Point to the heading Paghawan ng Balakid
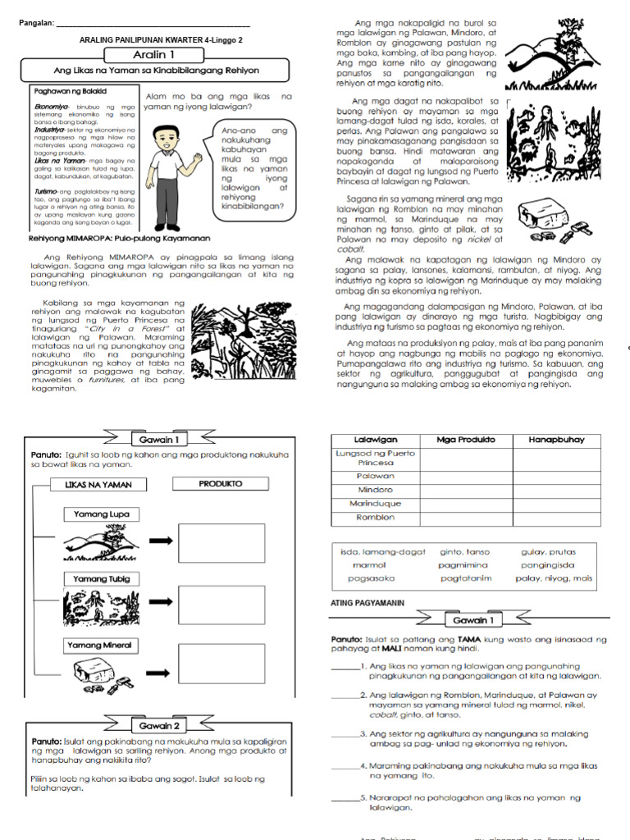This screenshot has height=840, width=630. (x=65, y=93)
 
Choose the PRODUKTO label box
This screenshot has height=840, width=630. (x=220, y=485)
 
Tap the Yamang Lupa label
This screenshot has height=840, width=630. (x=101, y=514)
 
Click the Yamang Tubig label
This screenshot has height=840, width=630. (x=101, y=580)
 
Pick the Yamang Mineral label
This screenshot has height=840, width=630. (x=103, y=646)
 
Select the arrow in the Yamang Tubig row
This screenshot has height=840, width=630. (x=160, y=607)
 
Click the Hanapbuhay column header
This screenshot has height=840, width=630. (x=556, y=440)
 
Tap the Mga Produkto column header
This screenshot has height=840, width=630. (x=465, y=440)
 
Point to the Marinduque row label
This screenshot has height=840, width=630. (x=375, y=504)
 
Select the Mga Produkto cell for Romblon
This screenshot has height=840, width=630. (x=465, y=518)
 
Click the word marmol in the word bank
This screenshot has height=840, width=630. (x=369, y=565)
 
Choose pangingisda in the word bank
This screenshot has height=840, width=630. (x=547, y=565)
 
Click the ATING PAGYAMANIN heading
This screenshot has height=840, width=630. (x=367, y=603)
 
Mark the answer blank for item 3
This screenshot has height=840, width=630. (x=345, y=733)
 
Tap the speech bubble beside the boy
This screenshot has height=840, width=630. (x=253, y=167)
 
